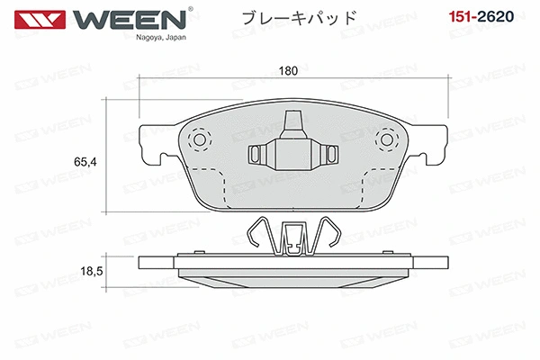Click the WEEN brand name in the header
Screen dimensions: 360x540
point(136,20)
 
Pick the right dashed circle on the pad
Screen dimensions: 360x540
point(389,139)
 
